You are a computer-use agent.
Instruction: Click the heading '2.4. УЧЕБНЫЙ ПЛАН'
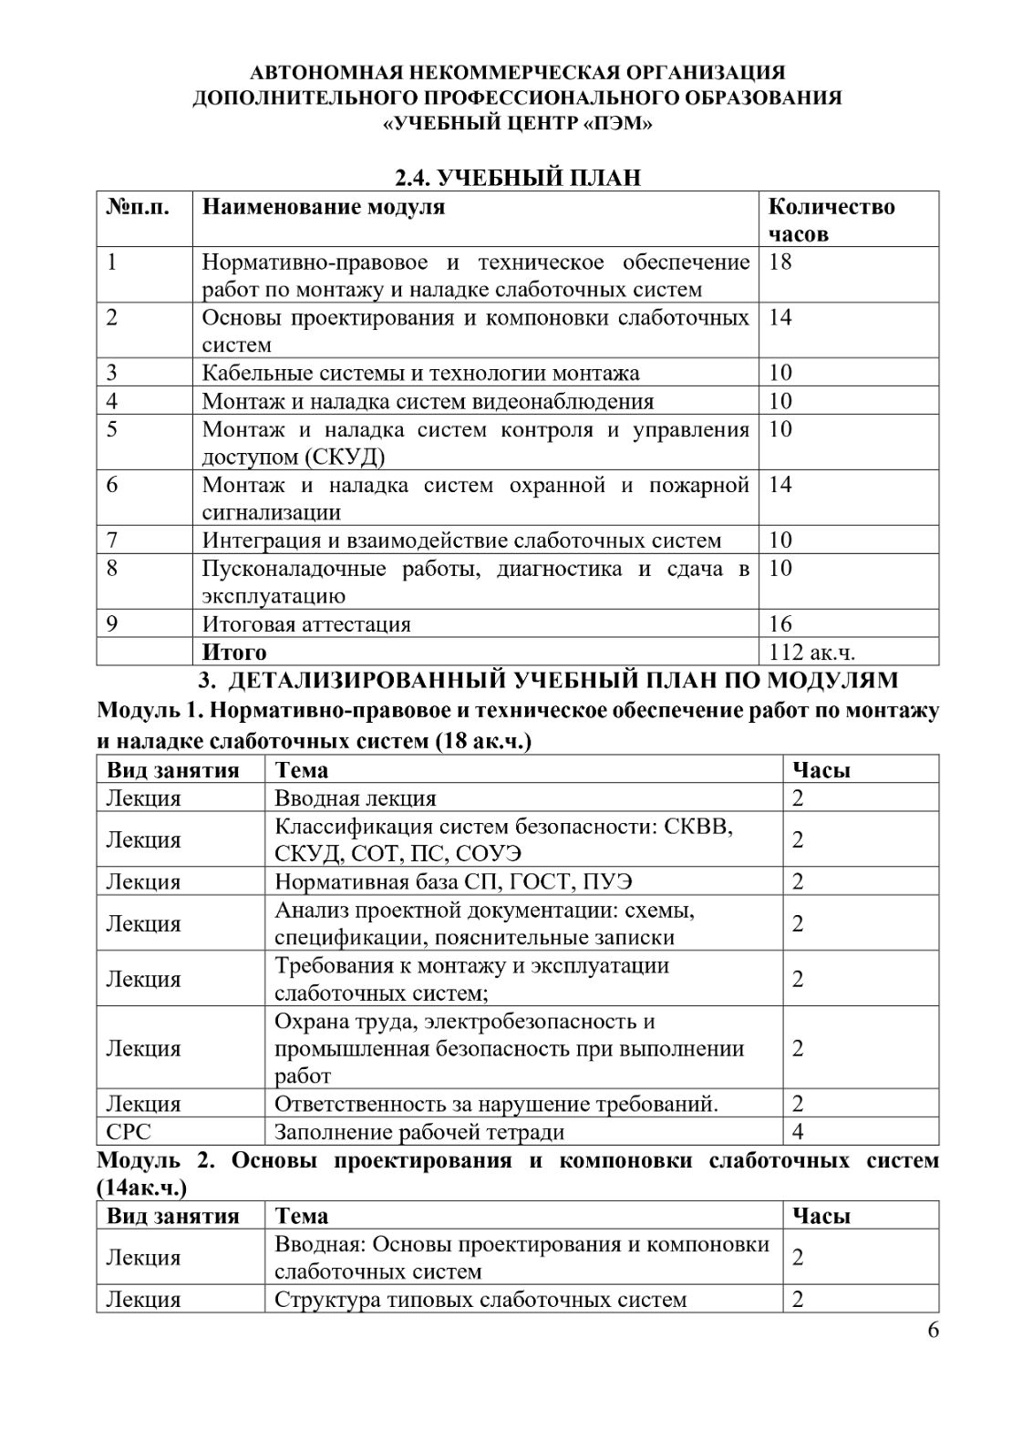[517, 177]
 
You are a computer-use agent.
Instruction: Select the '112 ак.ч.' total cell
[811, 652]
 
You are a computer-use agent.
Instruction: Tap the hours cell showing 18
[780, 262]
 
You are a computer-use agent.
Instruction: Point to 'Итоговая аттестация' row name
[306, 624]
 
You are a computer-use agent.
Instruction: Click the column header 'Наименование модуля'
[324, 207]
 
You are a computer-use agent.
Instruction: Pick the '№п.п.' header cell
[138, 207]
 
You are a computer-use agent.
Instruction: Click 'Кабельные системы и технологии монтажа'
[420, 373]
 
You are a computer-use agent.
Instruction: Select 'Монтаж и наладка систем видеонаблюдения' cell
[428, 401]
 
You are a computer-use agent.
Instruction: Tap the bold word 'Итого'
[234, 652]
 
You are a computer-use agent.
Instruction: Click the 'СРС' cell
[129, 1132]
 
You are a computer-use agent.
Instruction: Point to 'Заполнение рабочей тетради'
[419, 1132]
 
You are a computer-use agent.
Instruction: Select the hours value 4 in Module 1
[798, 1132]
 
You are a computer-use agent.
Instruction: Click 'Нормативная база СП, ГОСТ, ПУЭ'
[453, 881]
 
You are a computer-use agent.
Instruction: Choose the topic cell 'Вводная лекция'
[356, 798]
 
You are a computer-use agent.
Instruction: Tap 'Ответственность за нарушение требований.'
[496, 1104]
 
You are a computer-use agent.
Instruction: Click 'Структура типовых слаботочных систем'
[480, 1299]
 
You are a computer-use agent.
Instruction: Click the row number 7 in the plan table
[112, 540]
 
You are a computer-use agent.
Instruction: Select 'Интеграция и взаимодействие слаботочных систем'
[461, 540]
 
